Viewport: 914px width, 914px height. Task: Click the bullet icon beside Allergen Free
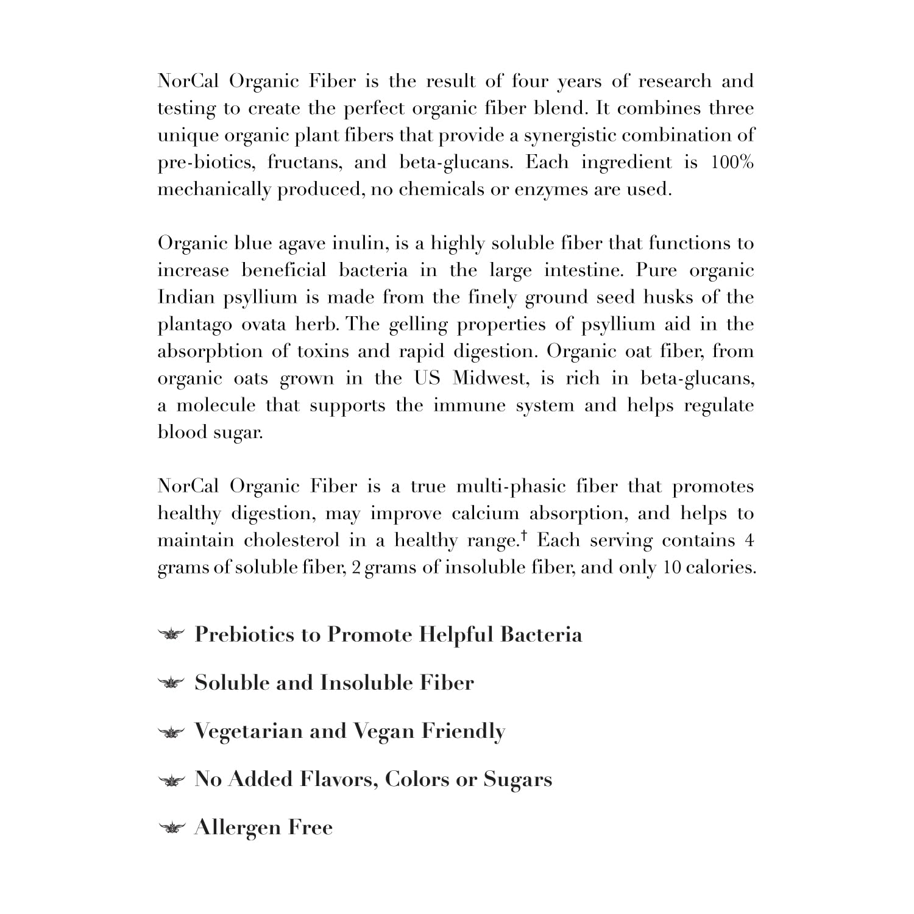point(171,827)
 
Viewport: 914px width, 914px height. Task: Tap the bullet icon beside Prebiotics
point(171,635)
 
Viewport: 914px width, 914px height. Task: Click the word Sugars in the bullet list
point(518,779)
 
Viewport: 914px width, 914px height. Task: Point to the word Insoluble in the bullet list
point(366,683)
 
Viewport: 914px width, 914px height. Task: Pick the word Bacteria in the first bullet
point(541,635)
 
